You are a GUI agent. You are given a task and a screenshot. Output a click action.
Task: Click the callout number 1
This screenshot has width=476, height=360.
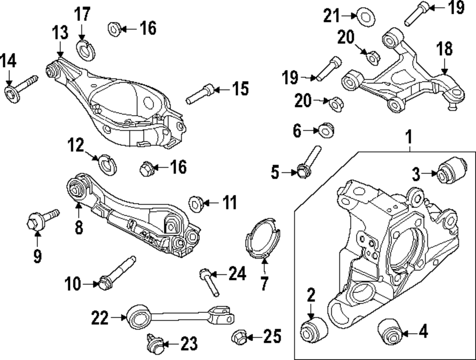point(408,138)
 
